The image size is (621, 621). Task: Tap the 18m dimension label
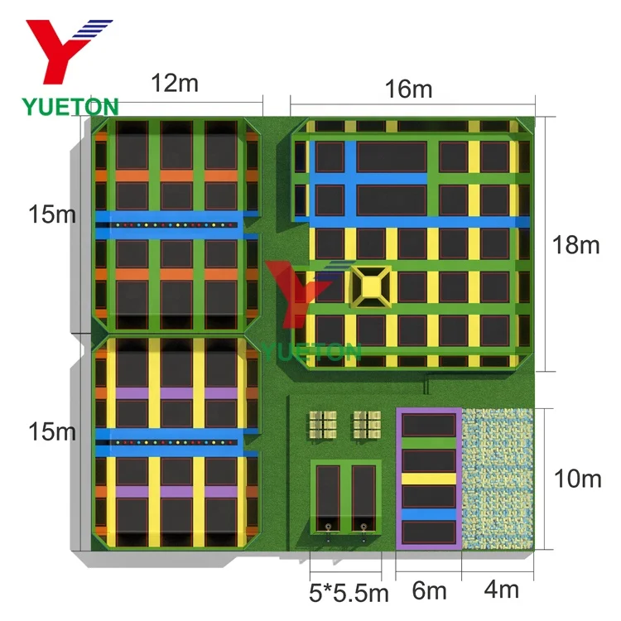[x=576, y=246]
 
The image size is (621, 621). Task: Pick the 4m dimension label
[x=501, y=590]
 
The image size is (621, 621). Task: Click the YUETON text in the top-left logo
[x=70, y=105]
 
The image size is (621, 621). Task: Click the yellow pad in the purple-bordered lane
[x=428, y=478]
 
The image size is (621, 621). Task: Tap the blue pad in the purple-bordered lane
[x=428, y=514]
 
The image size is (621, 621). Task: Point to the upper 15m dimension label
[x=51, y=214]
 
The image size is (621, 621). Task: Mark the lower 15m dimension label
[x=51, y=431]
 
